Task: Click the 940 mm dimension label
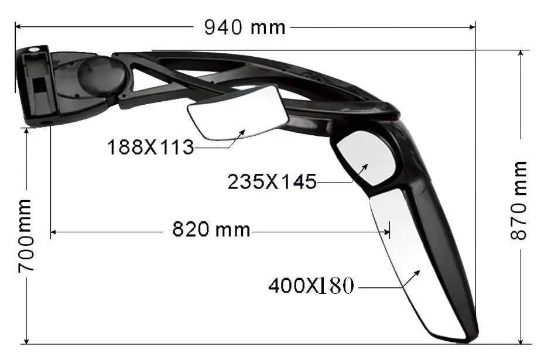244,27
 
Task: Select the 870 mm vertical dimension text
519,199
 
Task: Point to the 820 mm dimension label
211,229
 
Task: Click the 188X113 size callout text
150,147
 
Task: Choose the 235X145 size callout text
272,181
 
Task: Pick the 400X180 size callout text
311,286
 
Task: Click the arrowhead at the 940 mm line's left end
18,26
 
